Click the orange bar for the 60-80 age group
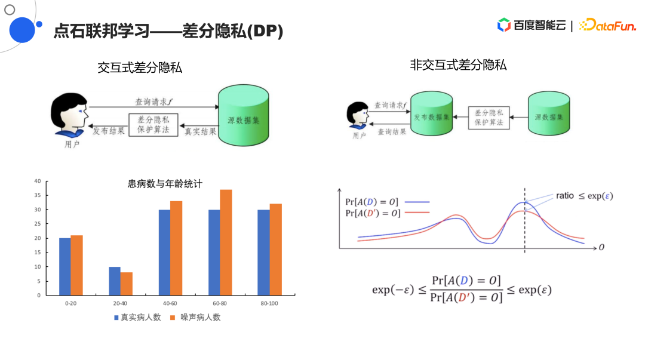(226, 242)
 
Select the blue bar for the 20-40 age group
(115, 281)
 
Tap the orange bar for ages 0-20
(76, 265)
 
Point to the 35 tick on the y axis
(38, 195)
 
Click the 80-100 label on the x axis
(269, 303)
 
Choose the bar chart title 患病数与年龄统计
(165, 184)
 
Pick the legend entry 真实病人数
(137, 318)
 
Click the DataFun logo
(607, 26)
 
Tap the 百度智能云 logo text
(539, 26)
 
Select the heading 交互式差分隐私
(140, 68)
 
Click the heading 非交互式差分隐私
(458, 65)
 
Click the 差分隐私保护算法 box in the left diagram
(153, 125)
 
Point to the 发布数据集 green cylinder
(432, 113)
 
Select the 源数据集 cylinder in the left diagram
(244, 115)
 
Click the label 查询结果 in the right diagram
(392, 132)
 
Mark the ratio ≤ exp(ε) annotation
(585, 196)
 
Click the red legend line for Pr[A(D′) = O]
(417, 213)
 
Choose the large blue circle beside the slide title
(22, 30)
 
